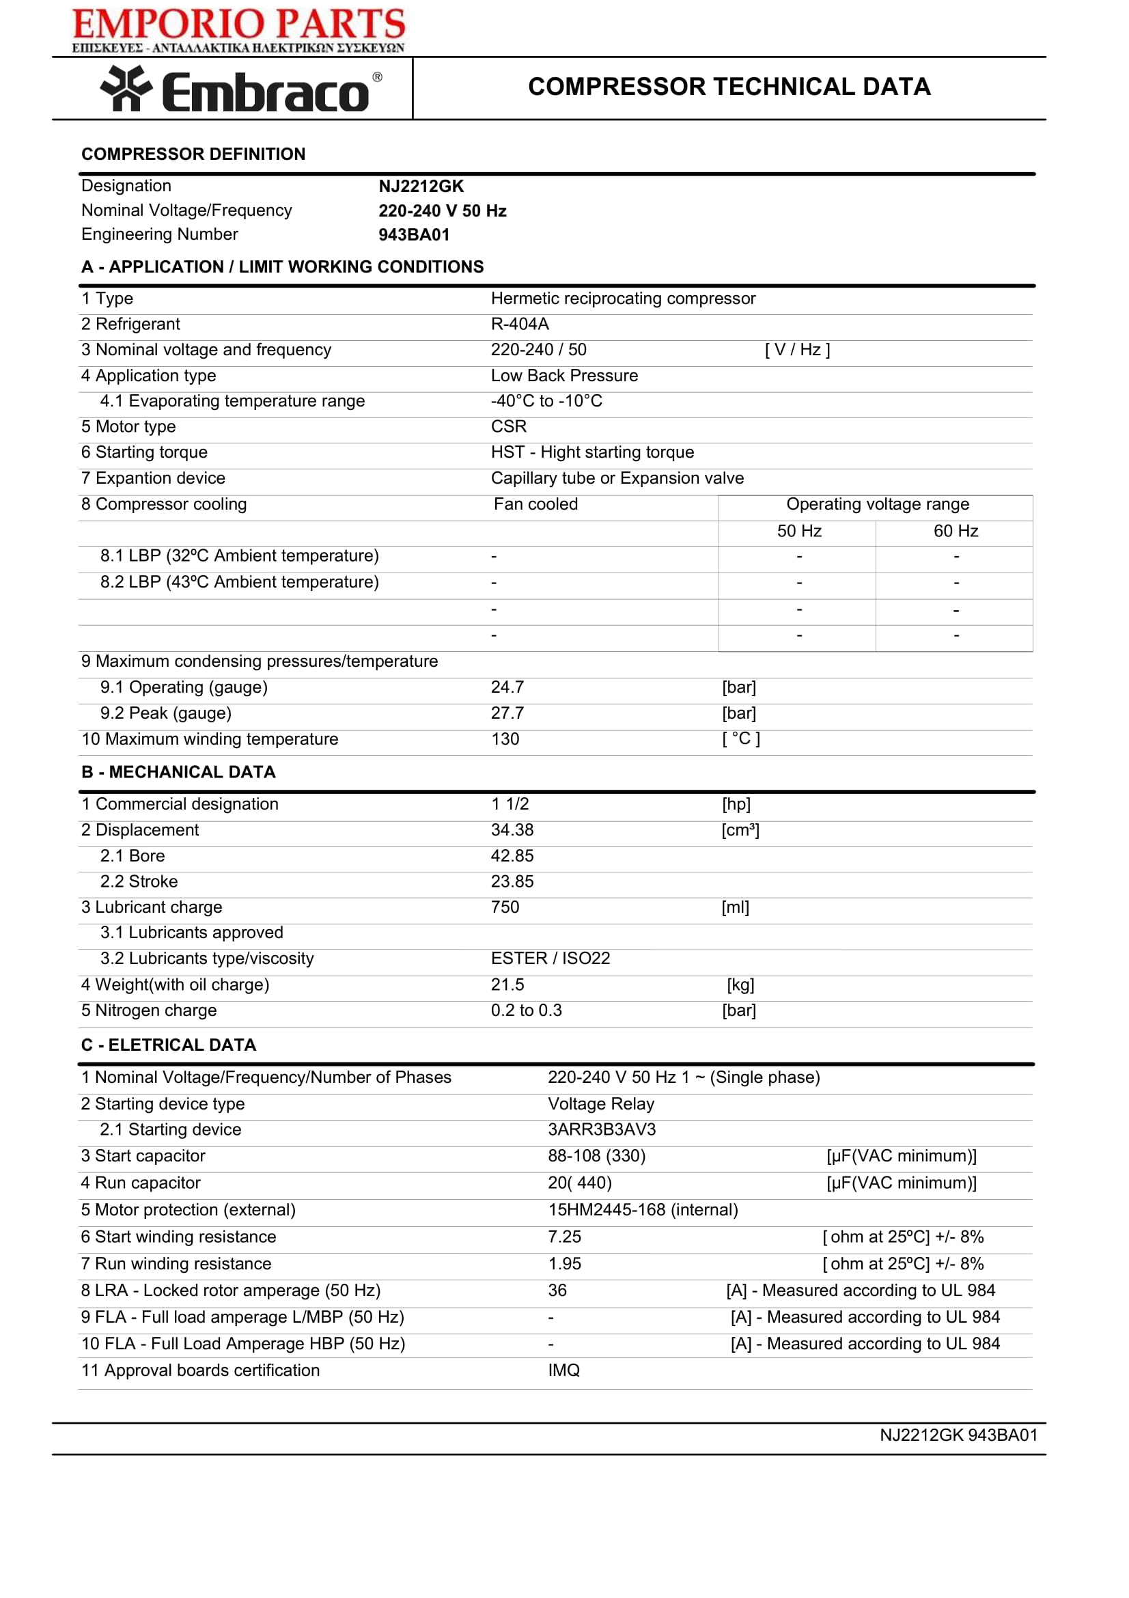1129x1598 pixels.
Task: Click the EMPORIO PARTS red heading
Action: tap(238, 25)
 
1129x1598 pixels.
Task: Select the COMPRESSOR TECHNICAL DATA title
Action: tap(729, 87)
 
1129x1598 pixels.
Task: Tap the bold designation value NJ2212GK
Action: tap(421, 187)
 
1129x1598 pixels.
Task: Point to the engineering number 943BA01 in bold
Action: tap(414, 235)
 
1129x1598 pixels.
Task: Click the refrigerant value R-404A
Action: tap(520, 325)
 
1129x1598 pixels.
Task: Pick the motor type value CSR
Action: tap(509, 426)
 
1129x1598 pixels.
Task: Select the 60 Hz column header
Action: tap(955, 532)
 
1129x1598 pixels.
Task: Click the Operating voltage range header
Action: tap(877, 505)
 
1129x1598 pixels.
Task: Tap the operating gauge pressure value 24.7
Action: tap(507, 688)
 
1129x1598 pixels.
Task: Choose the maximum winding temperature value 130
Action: tap(505, 739)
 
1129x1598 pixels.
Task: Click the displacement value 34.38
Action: tap(512, 830)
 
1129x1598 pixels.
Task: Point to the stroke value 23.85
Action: tap(512, 882)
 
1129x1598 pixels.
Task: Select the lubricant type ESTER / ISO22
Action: tap(550, 959)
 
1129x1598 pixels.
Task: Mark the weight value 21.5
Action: tap(507, 985)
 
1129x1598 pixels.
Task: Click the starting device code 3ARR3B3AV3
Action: tap(602, 1129)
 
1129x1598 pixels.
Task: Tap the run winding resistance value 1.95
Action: tap(564, 1264)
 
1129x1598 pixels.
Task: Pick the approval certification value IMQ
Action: tap(563, 1370)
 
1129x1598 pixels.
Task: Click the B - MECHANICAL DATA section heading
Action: tap(179, 773)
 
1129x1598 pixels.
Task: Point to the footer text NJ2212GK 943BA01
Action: tap(958, 1435)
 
